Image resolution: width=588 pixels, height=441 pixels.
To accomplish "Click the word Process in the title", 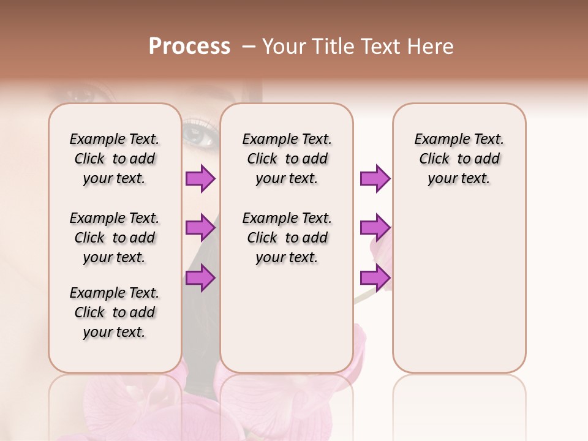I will [189, 47].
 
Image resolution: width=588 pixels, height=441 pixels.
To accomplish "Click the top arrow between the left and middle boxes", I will [200, 179].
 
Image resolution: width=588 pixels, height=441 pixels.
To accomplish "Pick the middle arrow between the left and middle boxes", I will [200, 228].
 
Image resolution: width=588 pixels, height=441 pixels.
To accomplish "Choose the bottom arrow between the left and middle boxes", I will [200, 278].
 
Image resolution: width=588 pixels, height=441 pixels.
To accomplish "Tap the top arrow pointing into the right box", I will [375, 179].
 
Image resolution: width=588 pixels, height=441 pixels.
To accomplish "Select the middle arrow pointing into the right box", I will [375, 228].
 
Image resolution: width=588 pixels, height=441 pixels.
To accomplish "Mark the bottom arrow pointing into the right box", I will [375, 278].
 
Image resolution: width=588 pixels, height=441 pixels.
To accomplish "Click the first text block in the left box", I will [115, 159].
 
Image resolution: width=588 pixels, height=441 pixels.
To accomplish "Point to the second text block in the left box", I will [115, 238].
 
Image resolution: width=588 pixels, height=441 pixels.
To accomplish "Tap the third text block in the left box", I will [115, 312].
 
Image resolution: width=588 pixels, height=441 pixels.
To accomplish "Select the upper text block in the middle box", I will [287, 159].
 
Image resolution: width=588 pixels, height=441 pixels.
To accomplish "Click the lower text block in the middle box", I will [287, 238].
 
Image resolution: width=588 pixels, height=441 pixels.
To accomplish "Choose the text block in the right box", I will [459, 159].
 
